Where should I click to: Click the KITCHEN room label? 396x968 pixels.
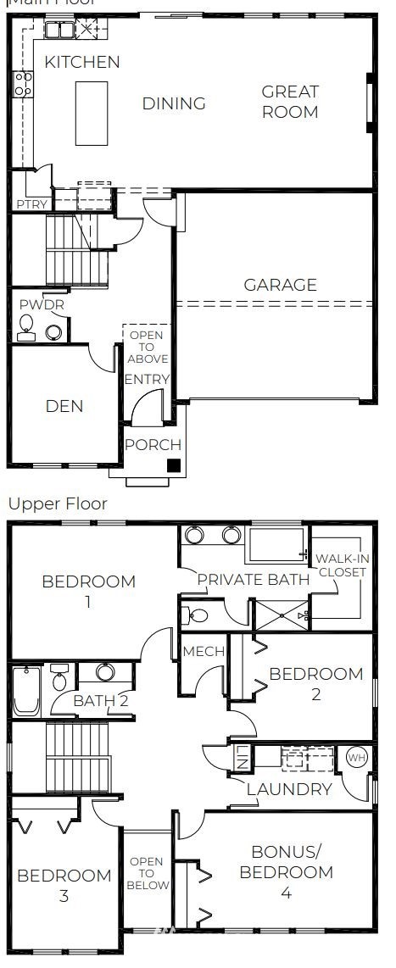82,62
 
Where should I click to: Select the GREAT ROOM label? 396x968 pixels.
290,102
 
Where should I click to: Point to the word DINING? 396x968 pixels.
174,103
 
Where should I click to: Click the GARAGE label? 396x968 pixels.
281,285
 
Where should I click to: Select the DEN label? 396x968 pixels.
64,406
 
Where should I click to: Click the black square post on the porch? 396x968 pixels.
173,465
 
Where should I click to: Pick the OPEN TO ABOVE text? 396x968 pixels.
148,348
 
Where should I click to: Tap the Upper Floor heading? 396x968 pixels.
58,503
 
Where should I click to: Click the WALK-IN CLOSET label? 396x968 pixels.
342,565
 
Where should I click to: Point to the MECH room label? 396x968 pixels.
204,651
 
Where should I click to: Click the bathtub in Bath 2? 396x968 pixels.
25,691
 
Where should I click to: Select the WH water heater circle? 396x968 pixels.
354,757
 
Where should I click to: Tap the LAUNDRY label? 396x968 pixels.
289,790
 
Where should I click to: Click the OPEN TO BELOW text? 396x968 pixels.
146,874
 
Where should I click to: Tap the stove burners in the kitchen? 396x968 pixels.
24,83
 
